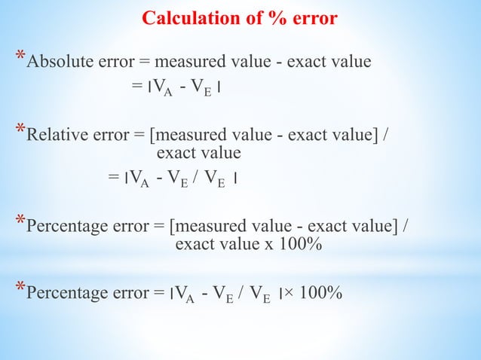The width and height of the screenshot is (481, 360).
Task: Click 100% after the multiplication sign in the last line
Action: point(321,292)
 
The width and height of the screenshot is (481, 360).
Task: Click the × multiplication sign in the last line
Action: point(290,292)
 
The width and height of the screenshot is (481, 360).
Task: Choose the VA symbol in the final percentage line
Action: point(185,294)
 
